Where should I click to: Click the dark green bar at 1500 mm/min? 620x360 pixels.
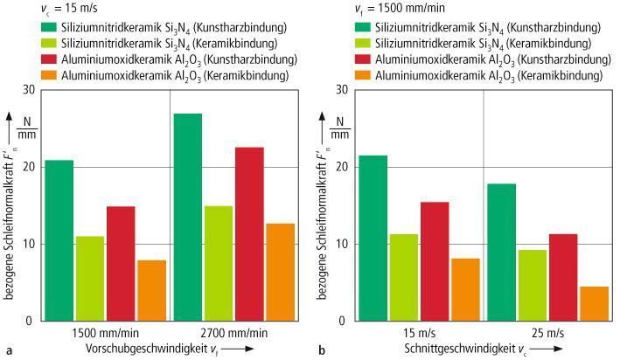[x=59, y=240]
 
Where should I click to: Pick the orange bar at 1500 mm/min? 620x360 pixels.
[x=151, y=290]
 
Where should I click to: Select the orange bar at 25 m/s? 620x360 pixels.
[x=594, y=303]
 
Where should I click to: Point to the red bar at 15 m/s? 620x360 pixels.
[x=435, y=261]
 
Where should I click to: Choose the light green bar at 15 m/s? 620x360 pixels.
[x=403, y=277]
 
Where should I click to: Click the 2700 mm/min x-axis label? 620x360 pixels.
[x=232, y=333]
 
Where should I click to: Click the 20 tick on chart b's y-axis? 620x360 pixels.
[x=341, y=167]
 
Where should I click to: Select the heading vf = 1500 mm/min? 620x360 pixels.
[x=383, y=10]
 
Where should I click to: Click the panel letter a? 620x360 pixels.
[x=9, y=350]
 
